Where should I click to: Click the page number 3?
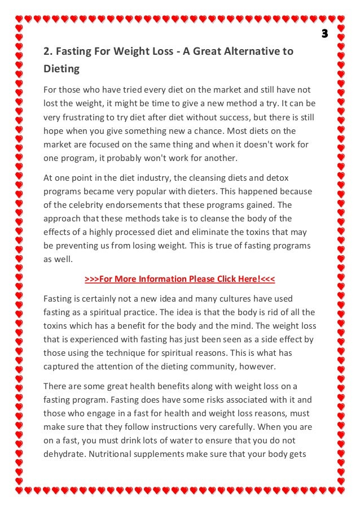tap(324, 34)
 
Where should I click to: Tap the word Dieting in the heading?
tap(62, 70)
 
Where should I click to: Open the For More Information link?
tap(179, 279)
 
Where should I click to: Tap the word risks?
tap(198, 400)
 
